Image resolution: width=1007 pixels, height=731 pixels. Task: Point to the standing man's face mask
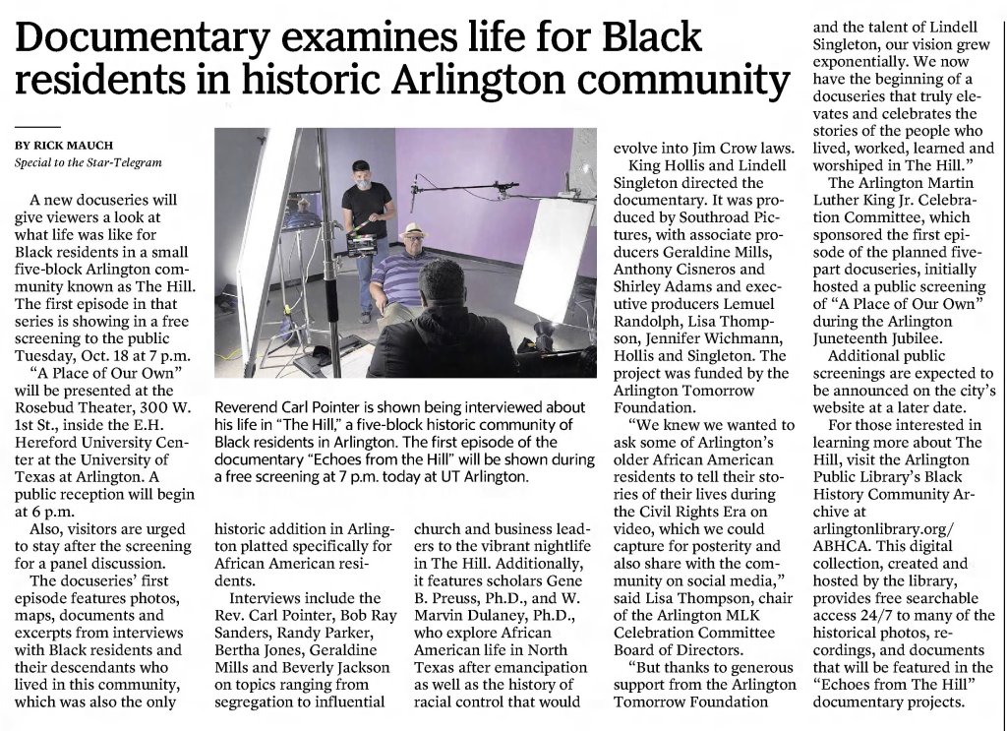367,183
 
